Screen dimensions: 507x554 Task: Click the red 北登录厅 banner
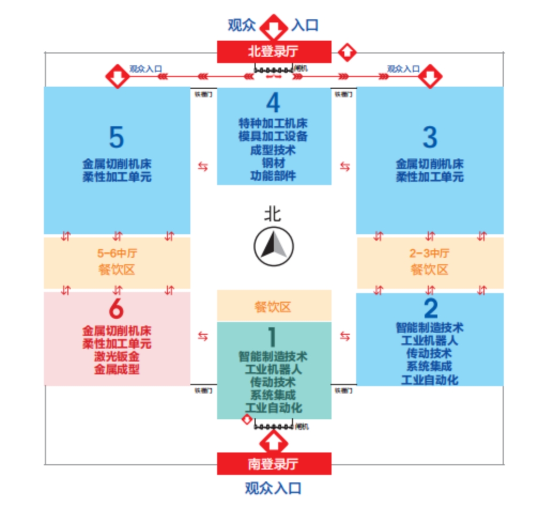273,52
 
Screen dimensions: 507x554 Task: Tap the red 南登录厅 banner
274,464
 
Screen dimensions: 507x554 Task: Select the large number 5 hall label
117,137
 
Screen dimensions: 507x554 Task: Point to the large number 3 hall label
429,137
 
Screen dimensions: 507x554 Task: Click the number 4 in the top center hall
273,103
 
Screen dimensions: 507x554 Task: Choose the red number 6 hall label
117,309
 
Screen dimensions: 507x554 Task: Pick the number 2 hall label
430,309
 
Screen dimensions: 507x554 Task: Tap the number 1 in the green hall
272,337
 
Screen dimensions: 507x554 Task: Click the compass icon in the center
273,247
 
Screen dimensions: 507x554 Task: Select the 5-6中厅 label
116,253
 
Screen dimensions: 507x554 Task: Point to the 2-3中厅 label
429,253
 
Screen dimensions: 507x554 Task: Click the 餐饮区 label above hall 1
273,307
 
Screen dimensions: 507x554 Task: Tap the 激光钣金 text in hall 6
117,356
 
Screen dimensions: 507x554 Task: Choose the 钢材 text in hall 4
273,163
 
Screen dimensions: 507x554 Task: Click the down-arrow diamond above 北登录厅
273,27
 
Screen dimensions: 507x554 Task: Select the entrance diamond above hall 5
117,76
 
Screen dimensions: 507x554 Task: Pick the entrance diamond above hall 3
429,76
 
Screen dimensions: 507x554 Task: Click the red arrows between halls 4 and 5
204,167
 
